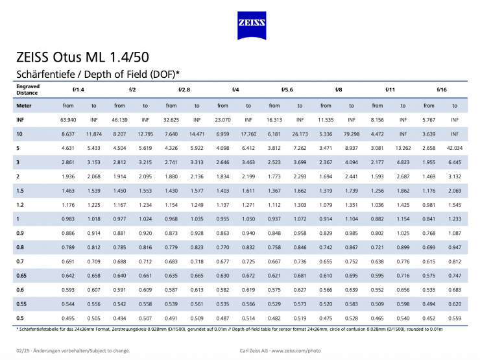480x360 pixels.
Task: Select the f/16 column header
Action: (x=441, y=89)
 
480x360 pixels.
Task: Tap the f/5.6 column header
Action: (x=287, y=89)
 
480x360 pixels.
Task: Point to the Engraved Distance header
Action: (x=28, y=89)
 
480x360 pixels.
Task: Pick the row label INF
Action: (x=19, y=119)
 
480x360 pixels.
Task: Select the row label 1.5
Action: (x=20, y=191)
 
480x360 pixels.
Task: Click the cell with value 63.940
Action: (x=68, y=119)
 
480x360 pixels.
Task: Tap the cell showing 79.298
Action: (x=352, y=134)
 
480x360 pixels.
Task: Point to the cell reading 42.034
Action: (x=454, y=149)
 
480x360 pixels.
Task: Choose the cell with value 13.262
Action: (x=403, y=149)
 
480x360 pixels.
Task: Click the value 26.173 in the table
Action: (x=300, y=134)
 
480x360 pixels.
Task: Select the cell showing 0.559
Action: (x=454, y=318)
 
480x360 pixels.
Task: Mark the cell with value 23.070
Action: (x=222, y=119)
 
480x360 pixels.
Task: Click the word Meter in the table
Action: (x=23, y=105)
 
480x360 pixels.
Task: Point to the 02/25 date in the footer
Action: (x=23, y=350)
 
